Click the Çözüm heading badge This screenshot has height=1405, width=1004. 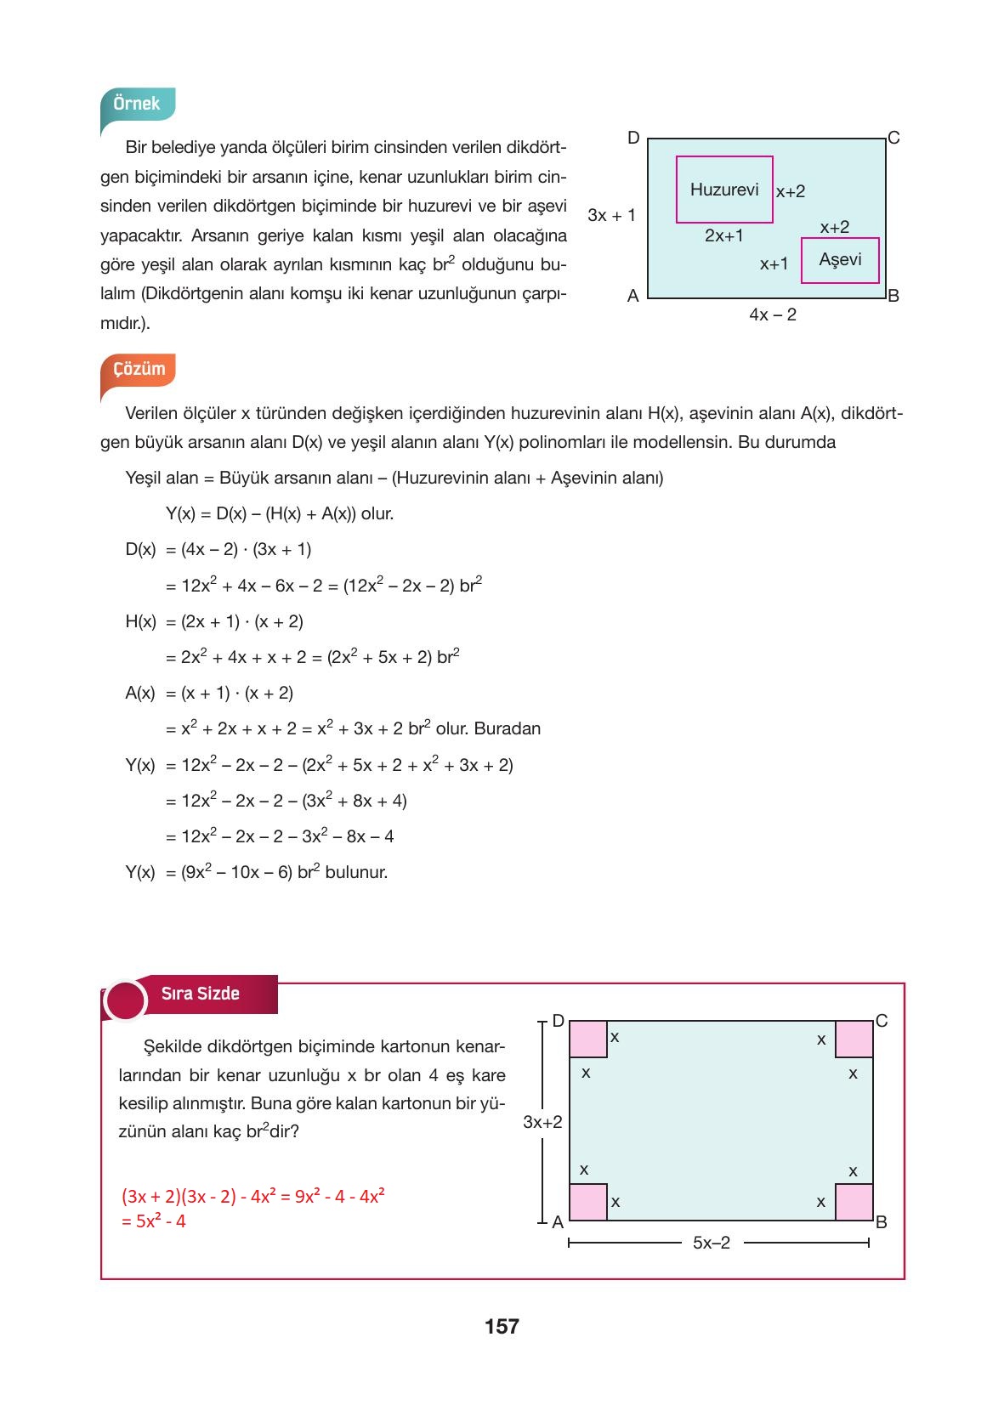[139, 370]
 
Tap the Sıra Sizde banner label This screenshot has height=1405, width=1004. [201, 994]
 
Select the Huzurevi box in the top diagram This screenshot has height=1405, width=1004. [724, 190]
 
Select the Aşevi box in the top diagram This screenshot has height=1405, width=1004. [840, 260]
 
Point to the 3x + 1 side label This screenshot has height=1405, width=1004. [611, 215]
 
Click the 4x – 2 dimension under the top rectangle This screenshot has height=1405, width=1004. [773, 314]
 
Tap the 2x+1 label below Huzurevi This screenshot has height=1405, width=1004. [723, 235]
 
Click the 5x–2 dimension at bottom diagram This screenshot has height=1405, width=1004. [712, 1243]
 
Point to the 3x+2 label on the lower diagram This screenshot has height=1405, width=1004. [542, 1122]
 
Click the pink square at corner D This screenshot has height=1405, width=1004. [587, 1040]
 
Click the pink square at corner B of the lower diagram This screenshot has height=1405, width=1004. [854, 1202]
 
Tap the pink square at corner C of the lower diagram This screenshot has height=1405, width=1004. [854, 1040]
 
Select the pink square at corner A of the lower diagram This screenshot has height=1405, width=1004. [587, 1202]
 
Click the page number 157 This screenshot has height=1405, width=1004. [502, 1326]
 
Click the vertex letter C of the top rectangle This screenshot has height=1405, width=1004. [893, 138]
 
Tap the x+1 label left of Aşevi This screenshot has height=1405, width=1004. [774, 264]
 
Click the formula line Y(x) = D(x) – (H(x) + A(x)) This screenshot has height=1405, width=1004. [279, 513]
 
